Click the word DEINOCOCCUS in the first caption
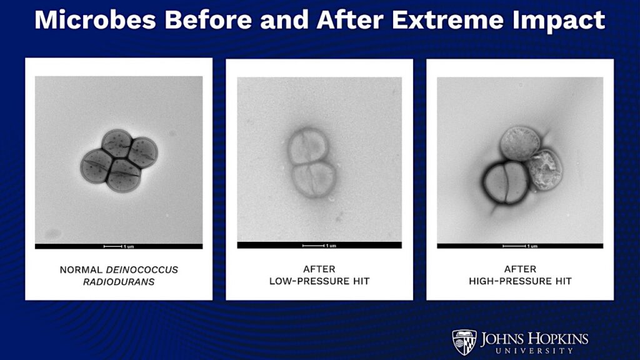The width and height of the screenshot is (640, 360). pos(142,269)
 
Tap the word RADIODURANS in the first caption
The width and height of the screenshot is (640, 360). pos(119,281)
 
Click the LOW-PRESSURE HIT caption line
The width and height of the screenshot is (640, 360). pos(319,281)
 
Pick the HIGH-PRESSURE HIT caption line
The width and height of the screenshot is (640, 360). pos(520,281)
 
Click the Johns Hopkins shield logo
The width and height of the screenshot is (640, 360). pos(464,342)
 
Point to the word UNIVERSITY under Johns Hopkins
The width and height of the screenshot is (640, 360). pos(534,351)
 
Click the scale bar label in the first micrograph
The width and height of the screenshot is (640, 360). pos(127,246)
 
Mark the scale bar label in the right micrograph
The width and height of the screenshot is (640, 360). pos(531,246)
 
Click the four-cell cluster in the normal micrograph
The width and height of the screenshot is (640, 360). pos(119,161)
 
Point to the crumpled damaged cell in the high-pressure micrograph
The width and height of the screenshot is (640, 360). pos(544,169)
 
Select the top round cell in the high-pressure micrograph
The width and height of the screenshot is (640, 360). pos(519,143)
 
